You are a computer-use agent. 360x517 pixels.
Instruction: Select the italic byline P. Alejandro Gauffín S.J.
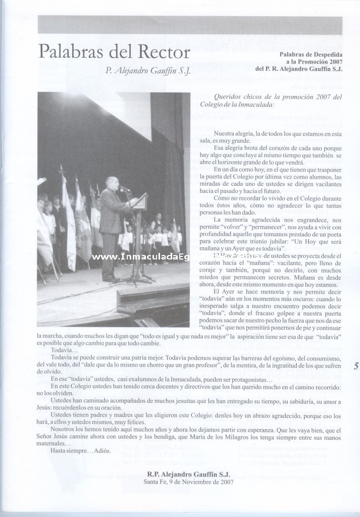point(148,71)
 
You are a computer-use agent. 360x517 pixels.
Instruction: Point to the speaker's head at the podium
point(112,182)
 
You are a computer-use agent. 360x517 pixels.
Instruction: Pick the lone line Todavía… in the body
point(65,350)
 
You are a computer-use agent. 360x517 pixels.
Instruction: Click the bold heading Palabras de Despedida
point(311,54)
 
